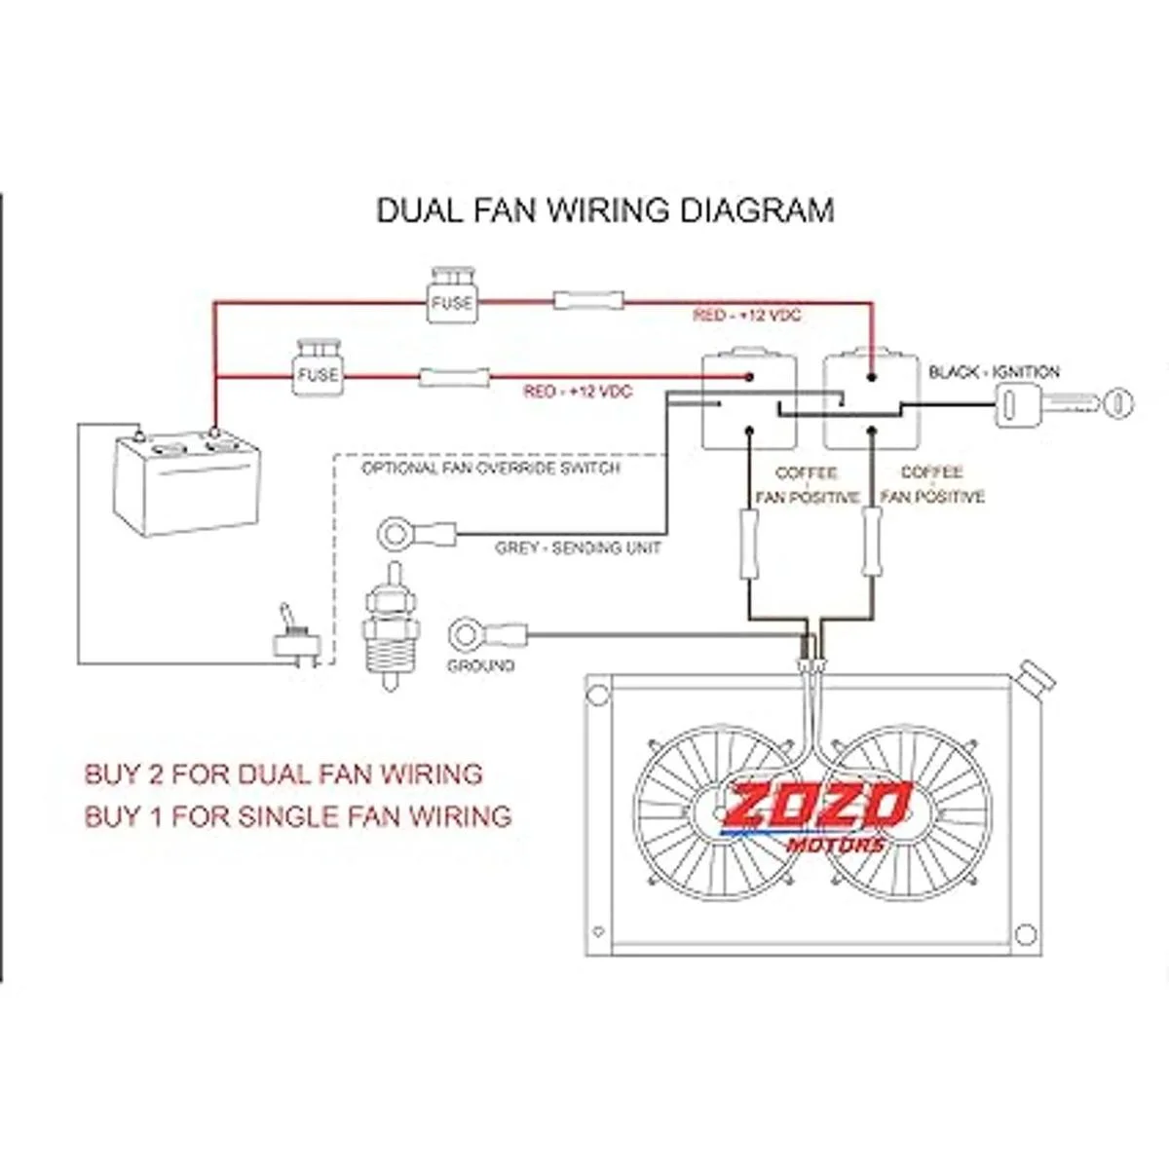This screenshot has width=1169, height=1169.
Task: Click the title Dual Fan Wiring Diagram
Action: tap(605, 210)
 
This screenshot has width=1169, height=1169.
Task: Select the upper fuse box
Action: tap(451, 298)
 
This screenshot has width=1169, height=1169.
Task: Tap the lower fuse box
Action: tap(318, 370)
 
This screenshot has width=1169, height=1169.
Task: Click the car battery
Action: tap(188, 483)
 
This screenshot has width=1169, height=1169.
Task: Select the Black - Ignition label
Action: tap(994, 372)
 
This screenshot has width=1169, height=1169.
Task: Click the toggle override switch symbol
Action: tap(293, 635)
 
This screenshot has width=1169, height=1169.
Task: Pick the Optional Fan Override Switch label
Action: tap(490, 469)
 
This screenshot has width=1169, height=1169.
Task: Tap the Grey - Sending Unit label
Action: tap(578, 548)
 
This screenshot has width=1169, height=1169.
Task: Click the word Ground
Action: tap(480, 666)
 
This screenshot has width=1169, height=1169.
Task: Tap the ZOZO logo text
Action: tap(816, 805)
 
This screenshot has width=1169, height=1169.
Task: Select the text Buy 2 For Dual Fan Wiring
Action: tap(283, 774)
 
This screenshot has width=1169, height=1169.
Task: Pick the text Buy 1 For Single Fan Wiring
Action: tap(298, 815)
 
